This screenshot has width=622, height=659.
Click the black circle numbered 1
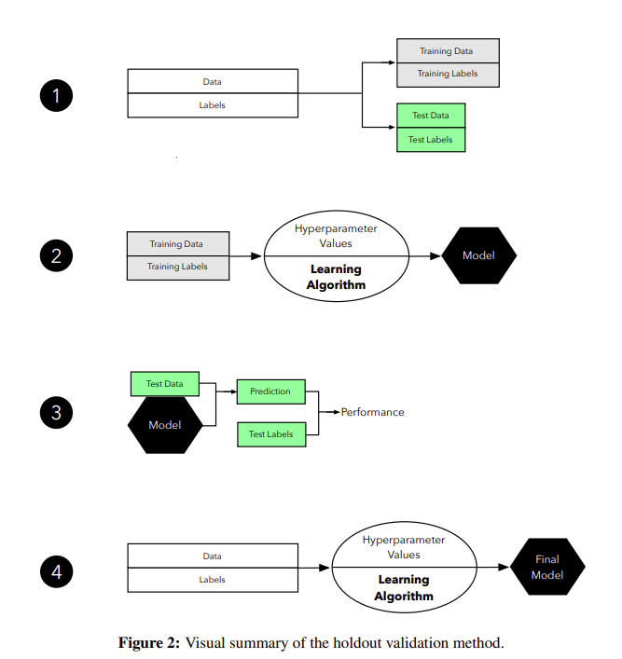pos(56,96)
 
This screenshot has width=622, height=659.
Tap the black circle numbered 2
pos(56,255)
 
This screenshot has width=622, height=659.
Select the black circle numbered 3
pos(56,413)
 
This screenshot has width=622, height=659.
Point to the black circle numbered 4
pos(56,571)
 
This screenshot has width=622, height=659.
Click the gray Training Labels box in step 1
pos(448,74)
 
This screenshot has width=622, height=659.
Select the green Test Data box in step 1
pos(430,116)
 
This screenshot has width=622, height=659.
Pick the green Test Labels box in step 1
pos(430,140)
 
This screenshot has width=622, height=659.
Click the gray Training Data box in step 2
pos(177,244)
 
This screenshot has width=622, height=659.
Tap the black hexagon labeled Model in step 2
pos(478,255)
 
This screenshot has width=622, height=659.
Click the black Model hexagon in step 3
pos(165,425)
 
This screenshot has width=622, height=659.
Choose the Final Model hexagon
pos(547,567)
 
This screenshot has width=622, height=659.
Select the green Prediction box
pos(270,391)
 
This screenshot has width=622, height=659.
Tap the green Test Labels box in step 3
pos(270,434)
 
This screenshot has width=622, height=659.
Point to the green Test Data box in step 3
pos(164,383)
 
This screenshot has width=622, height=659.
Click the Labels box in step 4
pos(213,580)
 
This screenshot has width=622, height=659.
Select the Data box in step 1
pos(213,82)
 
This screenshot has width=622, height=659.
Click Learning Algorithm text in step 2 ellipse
pos(337,277)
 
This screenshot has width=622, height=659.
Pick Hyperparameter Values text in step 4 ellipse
pos(404,547)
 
